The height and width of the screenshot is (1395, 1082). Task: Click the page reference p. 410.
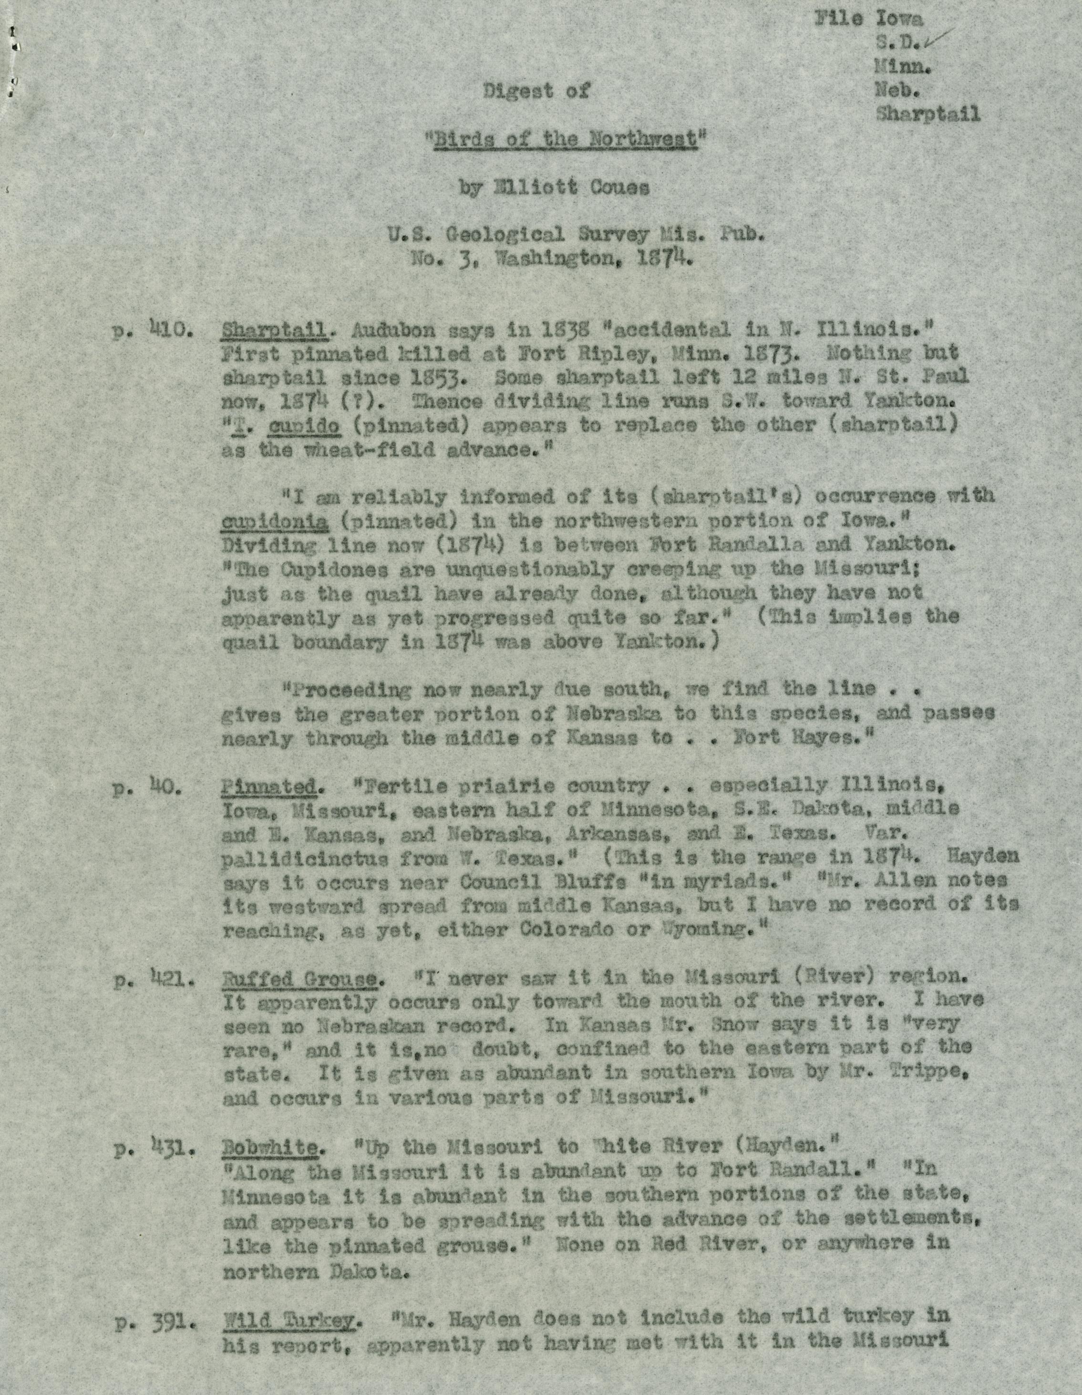click(x=152, y=332)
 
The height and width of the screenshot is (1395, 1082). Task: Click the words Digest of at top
click(x=536, y=91)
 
